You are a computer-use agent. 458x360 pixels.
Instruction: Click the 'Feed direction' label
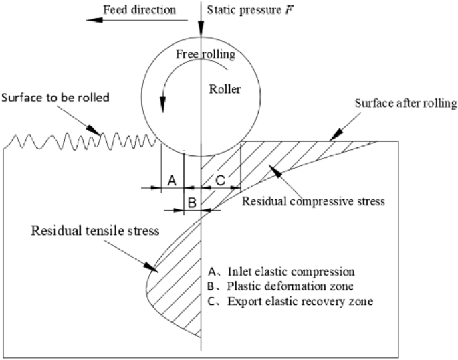tap(139, 10)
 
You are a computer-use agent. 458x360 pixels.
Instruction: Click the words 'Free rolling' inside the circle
tap(202, 54)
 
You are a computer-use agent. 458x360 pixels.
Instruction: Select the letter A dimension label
tap(171, 180)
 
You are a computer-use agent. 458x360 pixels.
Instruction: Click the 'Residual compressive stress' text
tap(314, 201)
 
